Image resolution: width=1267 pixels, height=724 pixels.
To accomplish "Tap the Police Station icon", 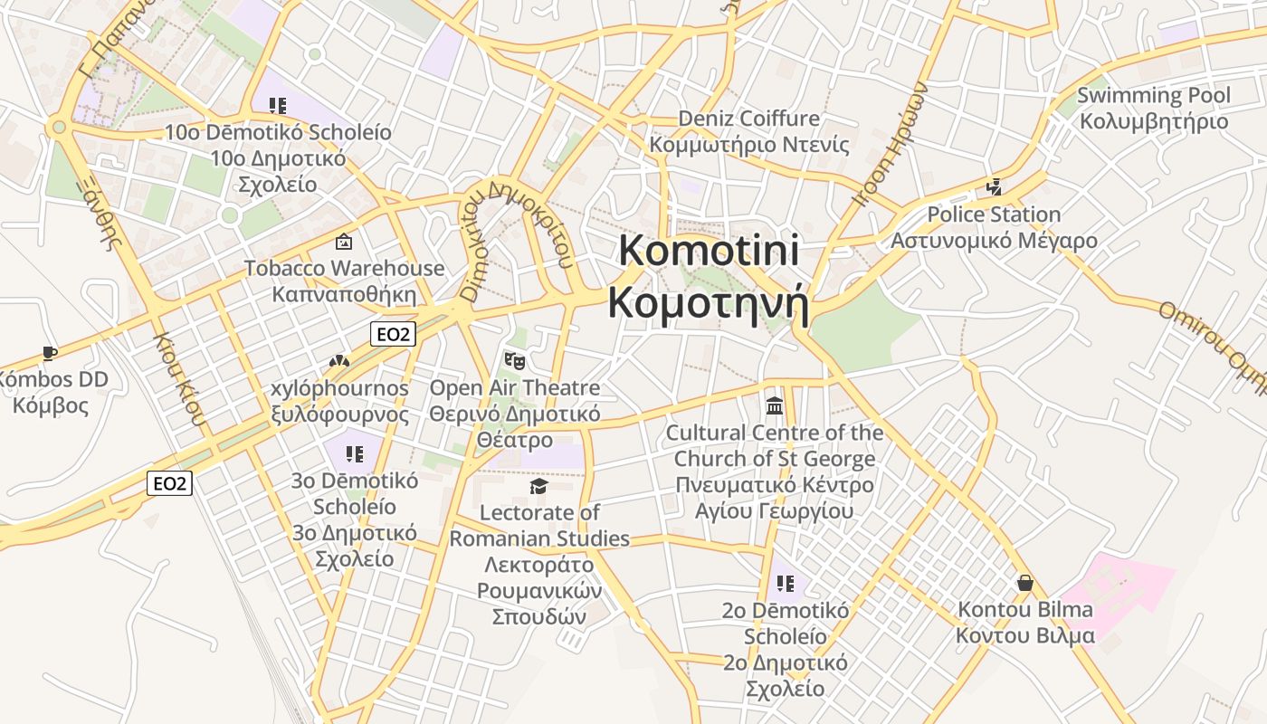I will coord(994,187).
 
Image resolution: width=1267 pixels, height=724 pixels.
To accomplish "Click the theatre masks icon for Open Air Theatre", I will coord(514,361).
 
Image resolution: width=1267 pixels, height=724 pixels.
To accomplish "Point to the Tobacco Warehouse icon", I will coord(344,242).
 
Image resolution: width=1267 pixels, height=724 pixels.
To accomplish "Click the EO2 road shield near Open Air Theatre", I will coord(393,334).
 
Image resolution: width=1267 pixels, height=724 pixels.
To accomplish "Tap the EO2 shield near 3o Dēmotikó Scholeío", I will coord(170,483).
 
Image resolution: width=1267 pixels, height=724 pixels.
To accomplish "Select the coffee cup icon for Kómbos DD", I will coord(50,353).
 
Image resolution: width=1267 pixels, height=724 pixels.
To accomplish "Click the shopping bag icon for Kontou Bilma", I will coord(1024,582).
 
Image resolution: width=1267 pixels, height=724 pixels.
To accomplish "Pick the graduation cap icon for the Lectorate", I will coord(539,487).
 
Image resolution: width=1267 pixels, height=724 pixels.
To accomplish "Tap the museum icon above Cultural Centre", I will coord(775,405).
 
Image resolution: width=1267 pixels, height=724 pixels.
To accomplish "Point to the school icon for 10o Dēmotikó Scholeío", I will coord(278,106).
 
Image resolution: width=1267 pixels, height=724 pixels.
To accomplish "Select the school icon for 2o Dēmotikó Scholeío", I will coord(785,584).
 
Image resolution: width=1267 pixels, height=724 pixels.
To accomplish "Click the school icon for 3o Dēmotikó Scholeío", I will coord(354,453).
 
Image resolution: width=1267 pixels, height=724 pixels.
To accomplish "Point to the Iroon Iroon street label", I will coord(891,145).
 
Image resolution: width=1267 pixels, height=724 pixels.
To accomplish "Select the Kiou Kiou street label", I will coord(178,380).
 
